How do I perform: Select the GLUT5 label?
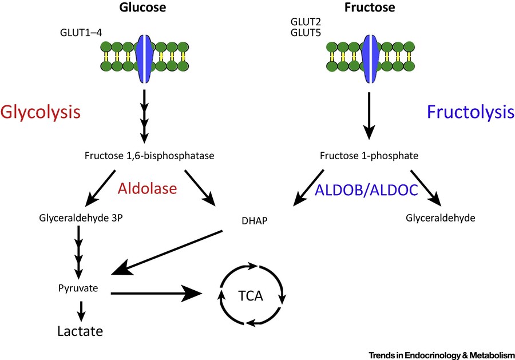[x=307, y=34]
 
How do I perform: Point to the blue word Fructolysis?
[x=470, y=112]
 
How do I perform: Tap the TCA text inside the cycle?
[x=251, y=296]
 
